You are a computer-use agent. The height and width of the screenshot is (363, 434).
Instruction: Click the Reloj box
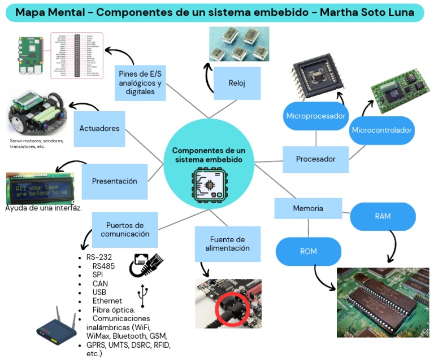[x=237, y=84]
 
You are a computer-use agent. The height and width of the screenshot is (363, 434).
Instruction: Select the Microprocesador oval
[x=315, y=116]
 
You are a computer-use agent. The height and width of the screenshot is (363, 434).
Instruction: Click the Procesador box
[x=315, y=159]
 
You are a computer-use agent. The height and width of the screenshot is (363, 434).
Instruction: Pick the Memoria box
[x=308, y=208]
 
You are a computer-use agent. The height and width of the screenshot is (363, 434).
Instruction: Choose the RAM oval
[x=383, y=216]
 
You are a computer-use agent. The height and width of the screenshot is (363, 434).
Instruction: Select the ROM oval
[x=309, y=251]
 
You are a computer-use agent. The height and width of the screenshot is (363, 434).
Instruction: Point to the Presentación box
[x=115, y=181]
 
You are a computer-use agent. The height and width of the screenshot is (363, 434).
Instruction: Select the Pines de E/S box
[x=140, y=83]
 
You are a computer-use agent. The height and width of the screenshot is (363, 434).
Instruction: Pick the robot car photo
[x=37, y=116]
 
